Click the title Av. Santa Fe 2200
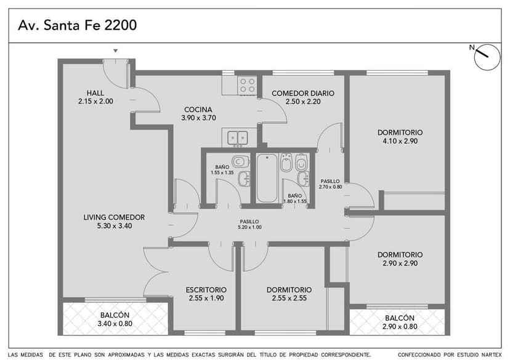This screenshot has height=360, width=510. pyautogui.click(x=78, y=25)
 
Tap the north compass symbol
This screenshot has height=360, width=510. pyautogui.click(x=487, y=57)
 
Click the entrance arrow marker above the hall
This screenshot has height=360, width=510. pyautogui.click(x=115, y=51)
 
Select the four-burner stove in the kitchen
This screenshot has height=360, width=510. pyautogui.click(x=247, y=85)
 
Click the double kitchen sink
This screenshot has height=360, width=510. pyautogui.click(x=237, y=138)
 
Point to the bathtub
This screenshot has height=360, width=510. pyautogui.click(x=267, y=178)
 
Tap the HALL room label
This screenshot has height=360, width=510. pyautogui.click(x=95, y=93)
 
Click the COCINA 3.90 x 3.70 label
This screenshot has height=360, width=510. pyautogui.click(x=198, y=114)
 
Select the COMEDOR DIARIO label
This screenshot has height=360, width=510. pyautogui.click(x=303, y=94)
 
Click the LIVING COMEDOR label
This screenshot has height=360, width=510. pyautogui.click(x=114, y=217)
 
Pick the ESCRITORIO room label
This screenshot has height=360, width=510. pyautogui.click(x=206, y=290)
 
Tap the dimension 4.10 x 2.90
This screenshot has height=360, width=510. pyautogui.click(x=400, y=141)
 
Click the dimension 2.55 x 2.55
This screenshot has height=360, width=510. pyautogui.click(x=289, y=298)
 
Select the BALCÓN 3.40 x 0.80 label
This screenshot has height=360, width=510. pyautogui.click(x=115, y=319)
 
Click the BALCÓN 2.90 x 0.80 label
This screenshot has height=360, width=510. pyautogui.click(x=400, y=322)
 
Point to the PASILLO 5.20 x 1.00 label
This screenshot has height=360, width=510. pyautogui.click(x=249, y=225)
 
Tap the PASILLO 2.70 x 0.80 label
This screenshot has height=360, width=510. pyautogui.click(x=331, y=184)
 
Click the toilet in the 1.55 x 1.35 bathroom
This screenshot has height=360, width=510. pyautogui.click(x=240, y=161)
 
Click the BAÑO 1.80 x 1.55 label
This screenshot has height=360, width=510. pyautogui.click(x=295, y=199)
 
